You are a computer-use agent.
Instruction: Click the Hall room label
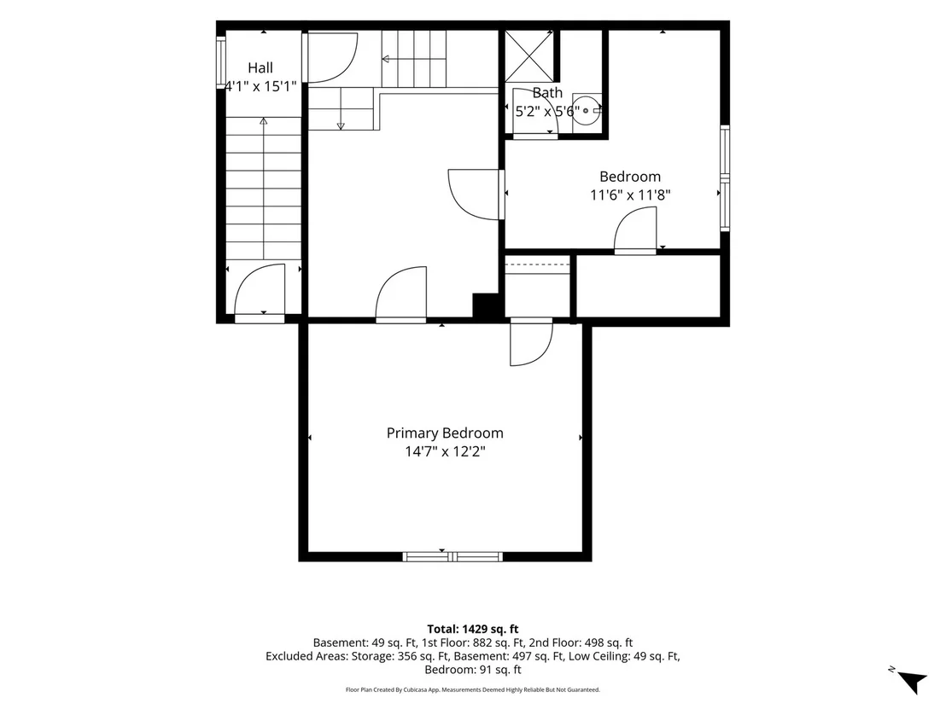coord(260,67)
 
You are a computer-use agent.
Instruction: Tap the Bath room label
coord(547,93)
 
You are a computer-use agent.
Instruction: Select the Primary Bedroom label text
coord(445,433)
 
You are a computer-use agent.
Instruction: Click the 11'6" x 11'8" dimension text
coord(630,195)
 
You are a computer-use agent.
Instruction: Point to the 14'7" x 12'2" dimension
coord(445,451)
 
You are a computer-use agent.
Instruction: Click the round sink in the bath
coord(585,110)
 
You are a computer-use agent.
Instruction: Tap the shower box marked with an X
coord(529,55)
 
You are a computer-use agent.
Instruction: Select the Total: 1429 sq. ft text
coord(472,630)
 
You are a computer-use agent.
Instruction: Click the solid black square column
coord(485,305)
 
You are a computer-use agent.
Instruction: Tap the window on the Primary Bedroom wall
coord(453,556)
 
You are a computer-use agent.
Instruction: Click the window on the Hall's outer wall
coord(221,62)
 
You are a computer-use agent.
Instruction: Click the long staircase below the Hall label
coord(264,189)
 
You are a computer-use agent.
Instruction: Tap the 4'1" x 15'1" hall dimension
coord(260,86)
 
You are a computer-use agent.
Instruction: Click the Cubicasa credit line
coord(472,689)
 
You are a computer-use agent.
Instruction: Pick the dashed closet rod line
coord(538,264)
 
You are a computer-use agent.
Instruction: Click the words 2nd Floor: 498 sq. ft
coord(583,642)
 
